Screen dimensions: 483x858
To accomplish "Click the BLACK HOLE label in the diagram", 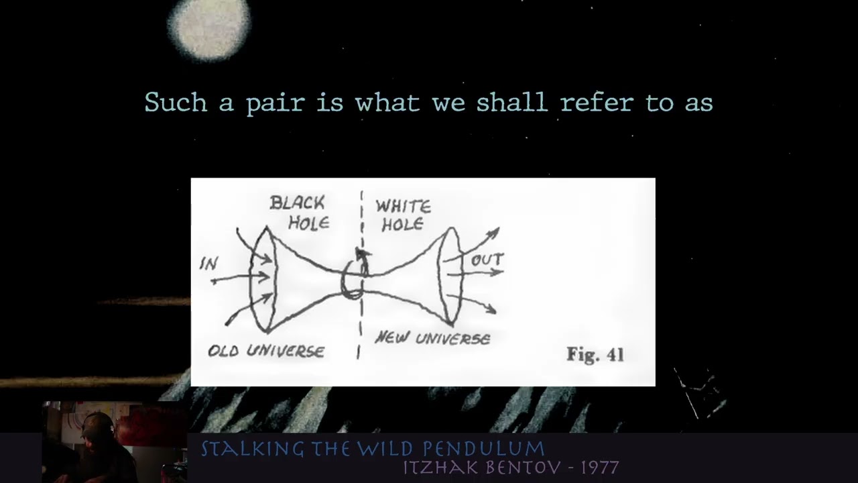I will (298, 213).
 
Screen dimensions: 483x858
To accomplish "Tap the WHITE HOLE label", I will (403, 215).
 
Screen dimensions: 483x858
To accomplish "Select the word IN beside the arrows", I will (209, 264).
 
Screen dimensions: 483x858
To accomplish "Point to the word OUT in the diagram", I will (487, 260).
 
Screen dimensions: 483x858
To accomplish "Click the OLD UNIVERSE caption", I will (266, 351).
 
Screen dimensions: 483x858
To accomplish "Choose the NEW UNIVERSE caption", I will (432, 338).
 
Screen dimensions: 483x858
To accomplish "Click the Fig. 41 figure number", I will (595, 354).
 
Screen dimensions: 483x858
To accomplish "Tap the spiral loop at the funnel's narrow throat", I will (353, 280).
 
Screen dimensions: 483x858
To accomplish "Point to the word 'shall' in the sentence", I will (511, 103).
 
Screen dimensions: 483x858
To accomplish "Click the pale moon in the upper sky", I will (208, 25).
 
